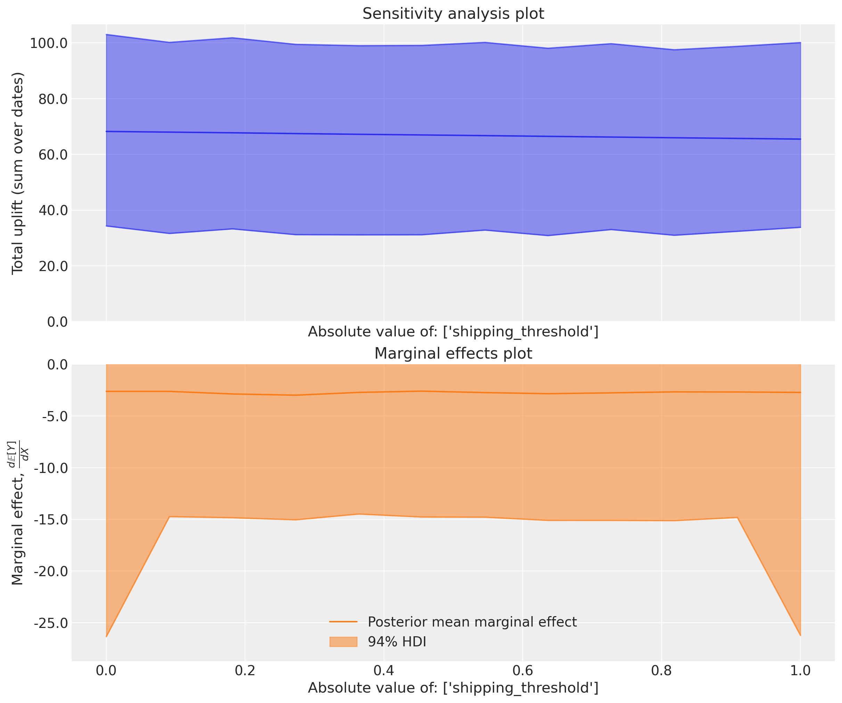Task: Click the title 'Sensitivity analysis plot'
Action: tap(453, 14)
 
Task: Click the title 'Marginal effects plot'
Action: tap(453, 354)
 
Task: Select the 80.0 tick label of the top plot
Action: tap(52, 99)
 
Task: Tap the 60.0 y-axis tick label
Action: tap(52, 154)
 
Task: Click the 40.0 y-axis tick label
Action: tap(52, 210)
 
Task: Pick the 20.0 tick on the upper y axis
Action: tap(52, 266)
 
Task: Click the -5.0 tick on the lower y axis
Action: tap(55, 416)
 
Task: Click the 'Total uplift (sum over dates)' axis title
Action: tap(18, 173)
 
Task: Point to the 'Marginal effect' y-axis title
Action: tap(18, 513)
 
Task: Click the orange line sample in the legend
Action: tap(343, 622)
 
